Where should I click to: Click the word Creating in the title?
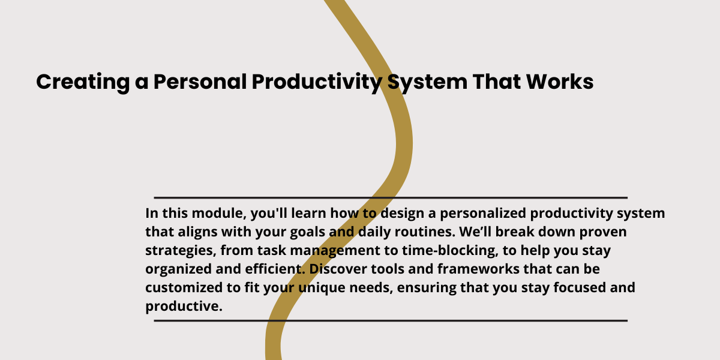click(x=83, y=82)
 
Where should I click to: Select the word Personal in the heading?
click(x=200, y=82)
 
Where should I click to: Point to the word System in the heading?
click(x=427, y=83)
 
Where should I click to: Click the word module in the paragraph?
click(x=219, y=213)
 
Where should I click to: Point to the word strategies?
click(x=181, y=251)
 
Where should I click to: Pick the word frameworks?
click(x=478, y=269)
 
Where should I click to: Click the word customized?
click(x=184, y=287)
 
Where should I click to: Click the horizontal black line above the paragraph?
click(x=391, y=197)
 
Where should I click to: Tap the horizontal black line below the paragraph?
click(x=391, y=321)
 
